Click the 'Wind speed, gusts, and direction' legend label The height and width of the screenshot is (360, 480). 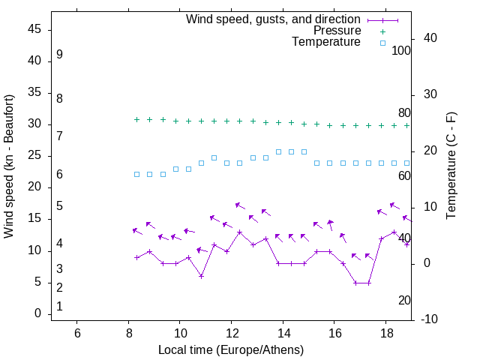(273, 19)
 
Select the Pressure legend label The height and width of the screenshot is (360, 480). (337, 31)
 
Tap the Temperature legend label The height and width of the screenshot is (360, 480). (326, 43)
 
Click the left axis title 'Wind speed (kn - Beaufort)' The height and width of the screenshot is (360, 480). (9, 166)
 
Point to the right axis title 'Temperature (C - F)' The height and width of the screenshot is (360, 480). (451, 166)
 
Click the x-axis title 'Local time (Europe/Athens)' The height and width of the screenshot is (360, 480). (231, 349)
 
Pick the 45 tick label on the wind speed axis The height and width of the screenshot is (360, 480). (34, 29)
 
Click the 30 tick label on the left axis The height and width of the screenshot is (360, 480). (34, 124)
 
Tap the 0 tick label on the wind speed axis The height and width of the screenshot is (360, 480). (37, 313)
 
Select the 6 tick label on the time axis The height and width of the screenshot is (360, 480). (77, 331)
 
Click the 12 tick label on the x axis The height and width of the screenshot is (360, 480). (231, 331)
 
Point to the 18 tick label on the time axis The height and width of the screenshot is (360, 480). (385, 331)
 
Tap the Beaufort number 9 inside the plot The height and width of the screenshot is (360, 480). (59, 55)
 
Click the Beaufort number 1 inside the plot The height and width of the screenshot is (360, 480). (59, 306)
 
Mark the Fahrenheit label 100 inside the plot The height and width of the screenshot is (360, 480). (401, 50)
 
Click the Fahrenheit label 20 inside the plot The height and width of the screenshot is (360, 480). (404, 300)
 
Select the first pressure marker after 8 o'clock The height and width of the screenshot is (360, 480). (136, 119)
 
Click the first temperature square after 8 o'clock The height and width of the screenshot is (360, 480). (136, 174)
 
